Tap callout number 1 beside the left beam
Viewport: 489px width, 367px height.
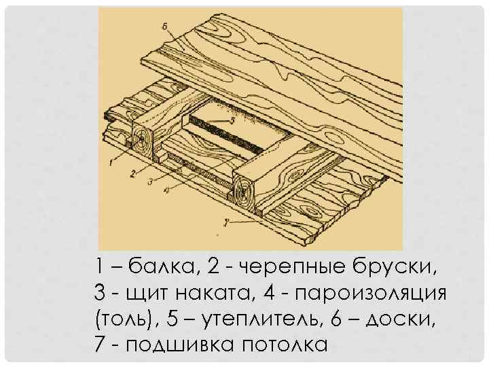click(109, 162)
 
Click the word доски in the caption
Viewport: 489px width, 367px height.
click(406, 319)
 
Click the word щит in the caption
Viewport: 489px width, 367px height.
click(146, 293)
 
